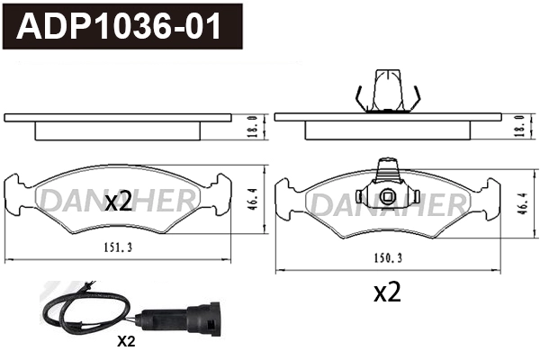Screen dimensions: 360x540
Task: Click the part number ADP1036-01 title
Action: click(121, 26)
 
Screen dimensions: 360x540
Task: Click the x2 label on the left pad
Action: click(118, 202)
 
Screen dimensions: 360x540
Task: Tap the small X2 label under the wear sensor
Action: click(126, 341)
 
